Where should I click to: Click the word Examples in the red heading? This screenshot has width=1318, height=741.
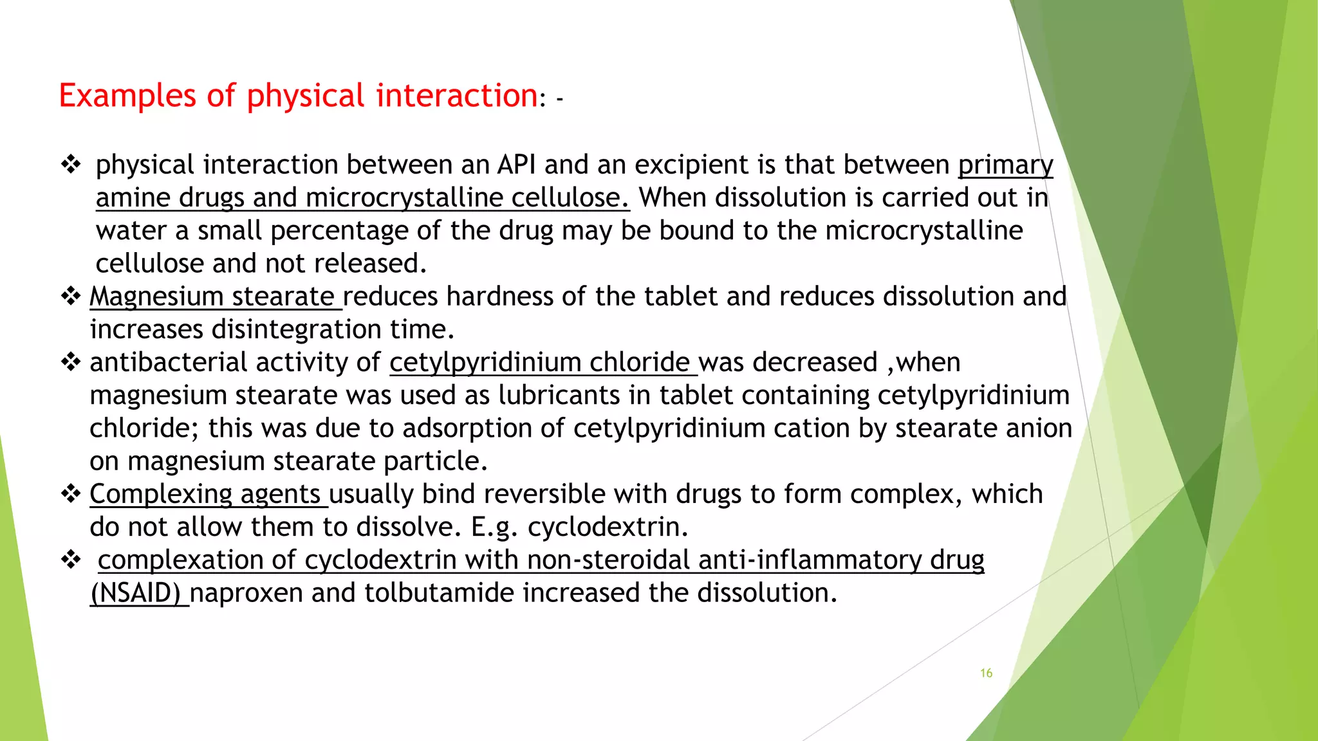click(x=127, y=96)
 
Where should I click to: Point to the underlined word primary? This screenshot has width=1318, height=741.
click(x=1005, y=165)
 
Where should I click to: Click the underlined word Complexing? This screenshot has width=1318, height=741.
click(x=160, y=494)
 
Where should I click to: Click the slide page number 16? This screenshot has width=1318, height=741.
click(x=986, y=673)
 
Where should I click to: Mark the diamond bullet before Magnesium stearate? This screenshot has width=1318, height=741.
click(x=70, y=297)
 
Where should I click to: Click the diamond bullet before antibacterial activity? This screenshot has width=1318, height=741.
click(x=70, y=362)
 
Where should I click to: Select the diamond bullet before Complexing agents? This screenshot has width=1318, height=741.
click(x=70, y=494)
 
